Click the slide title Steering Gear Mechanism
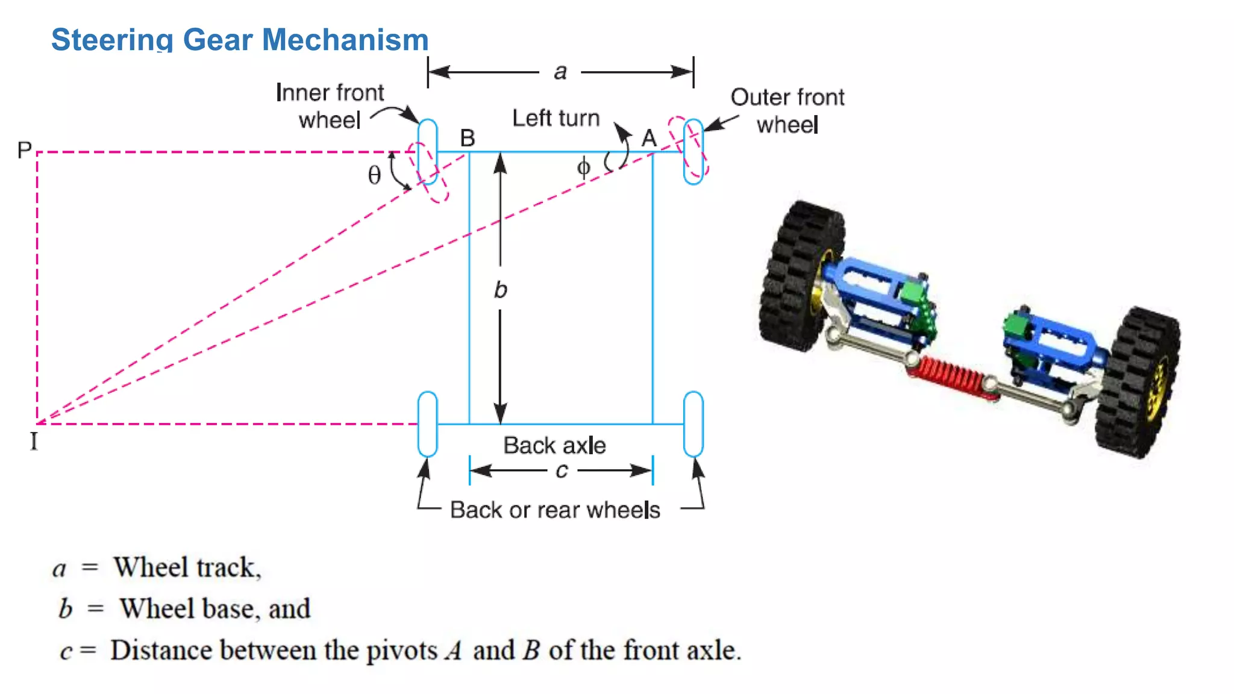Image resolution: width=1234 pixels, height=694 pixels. coord(239,40)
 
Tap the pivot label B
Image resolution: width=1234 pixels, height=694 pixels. coord(468,138)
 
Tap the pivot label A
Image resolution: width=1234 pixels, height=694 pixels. coord(649,139)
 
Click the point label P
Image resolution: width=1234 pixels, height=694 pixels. coord(24,150)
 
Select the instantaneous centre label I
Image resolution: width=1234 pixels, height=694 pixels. coord(34,442)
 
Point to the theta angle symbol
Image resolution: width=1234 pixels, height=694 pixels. coord(374,175)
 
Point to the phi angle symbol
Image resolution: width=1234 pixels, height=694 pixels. coord(583,167)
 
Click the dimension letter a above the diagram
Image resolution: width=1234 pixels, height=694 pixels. coord(560,72)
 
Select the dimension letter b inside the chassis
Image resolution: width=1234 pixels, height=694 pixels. coord(500,290)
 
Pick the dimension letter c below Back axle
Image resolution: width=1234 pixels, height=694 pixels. coord(562,470)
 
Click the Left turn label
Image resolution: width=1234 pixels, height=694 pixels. coord(556,118)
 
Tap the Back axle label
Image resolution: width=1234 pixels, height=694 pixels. coord(554,445)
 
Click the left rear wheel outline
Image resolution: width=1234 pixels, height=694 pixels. coord(427,424)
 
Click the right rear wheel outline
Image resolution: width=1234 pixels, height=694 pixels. coord(694,424)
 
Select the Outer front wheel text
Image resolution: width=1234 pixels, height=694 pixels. coord(787,111)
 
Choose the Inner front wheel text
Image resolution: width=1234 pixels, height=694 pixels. coord(330,106)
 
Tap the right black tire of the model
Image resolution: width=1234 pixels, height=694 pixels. coord(1136,383)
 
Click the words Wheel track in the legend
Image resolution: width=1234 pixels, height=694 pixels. coord(187,567)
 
